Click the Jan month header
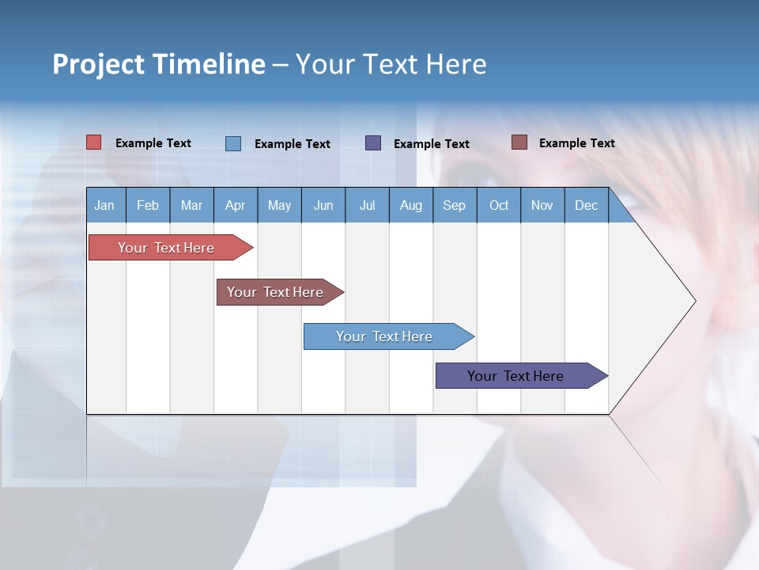[x=104, y=206]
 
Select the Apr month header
[x=235, y=206]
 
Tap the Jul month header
[x=367, y=206]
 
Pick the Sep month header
[x=454, y=206]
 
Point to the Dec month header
[x=586, y=206]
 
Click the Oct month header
[x=499, y=206]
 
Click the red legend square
[x=93, y=142]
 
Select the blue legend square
[x=233, y=143]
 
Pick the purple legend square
[x=373, y=143]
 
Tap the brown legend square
[x=519, y=142]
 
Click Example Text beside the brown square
[x=576, y=143]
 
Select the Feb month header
[x=148, y=206]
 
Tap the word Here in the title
[x=456, y=64]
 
